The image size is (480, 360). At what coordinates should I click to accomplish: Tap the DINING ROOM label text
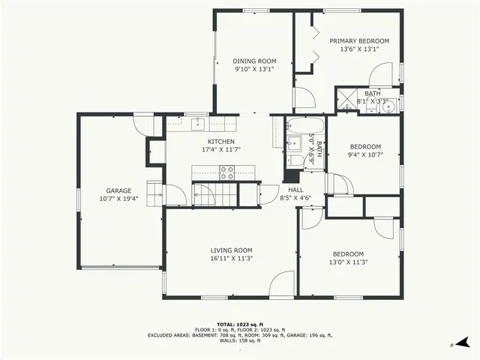click(254, 61)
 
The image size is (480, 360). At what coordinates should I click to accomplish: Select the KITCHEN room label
click(221, 141)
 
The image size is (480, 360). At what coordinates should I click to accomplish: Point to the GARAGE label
click(118, 190)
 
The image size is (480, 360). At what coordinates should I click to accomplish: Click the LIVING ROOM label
click(231, 250)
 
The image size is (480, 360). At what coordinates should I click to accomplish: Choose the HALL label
click(295, 190)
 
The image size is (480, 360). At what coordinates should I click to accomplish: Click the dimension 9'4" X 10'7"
click(366, 155)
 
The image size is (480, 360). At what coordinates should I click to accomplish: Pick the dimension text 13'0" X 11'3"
click(349, 262)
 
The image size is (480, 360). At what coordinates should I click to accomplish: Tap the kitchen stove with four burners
click(227, 172)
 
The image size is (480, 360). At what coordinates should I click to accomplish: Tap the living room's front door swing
click(283, 284)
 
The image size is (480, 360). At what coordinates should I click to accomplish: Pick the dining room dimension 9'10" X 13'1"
click(254, 70)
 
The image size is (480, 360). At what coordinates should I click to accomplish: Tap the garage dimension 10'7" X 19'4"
click(118, 199)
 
